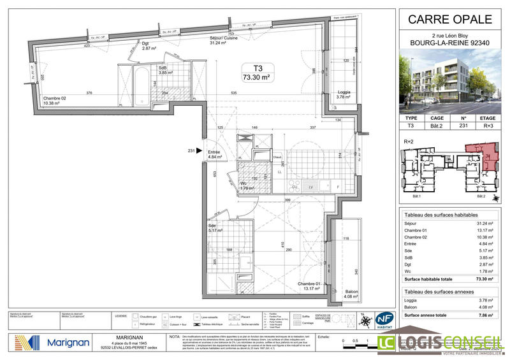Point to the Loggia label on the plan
pos(345,94)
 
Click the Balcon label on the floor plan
pos(349,292)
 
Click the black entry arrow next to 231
pos(199,151)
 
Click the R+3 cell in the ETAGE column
pos(488,126)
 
